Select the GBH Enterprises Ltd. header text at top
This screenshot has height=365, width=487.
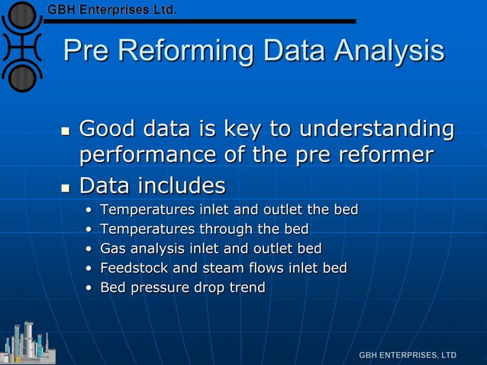(x=113, y=10)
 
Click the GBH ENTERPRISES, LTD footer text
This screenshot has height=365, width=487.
(x=408, y=355)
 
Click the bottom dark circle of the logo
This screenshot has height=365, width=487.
(x=23, y=76)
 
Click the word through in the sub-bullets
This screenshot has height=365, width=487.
(x=222, y=228)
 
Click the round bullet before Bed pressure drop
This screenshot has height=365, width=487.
(x=89, y=289)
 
